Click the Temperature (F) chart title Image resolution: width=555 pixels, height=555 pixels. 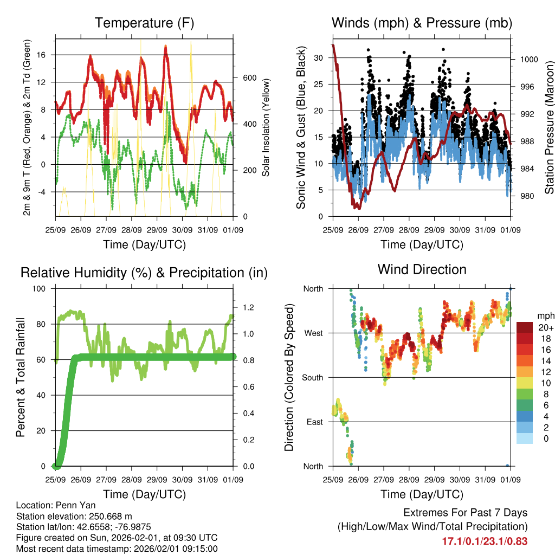point(144,23)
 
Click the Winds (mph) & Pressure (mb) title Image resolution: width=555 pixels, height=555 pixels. point(422,23)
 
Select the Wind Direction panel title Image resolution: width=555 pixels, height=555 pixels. point(422,269)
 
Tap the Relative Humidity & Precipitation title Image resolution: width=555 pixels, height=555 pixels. point(144,273)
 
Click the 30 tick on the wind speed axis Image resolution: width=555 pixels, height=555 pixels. point(319,57)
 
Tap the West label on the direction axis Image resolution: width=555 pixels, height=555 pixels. point(313,333)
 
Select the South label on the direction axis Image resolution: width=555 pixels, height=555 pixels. point(312,377)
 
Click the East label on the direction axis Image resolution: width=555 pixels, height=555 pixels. point(314,422)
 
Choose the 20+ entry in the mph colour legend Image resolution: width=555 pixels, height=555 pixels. point(544,328)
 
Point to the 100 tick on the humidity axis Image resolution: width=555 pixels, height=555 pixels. point(41,288)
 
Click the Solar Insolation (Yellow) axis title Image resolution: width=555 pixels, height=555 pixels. point(266,128)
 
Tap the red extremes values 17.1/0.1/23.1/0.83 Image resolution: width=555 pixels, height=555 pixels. point(485,541)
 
